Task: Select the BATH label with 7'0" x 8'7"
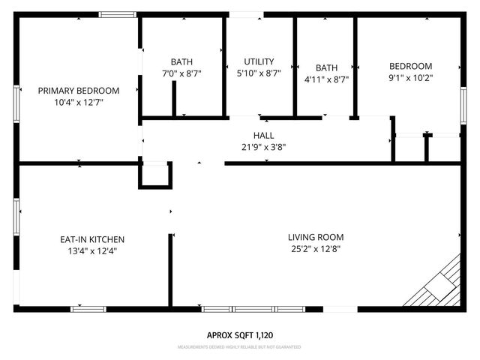[x=181, y=61]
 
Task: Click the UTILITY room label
[x=259, y=61]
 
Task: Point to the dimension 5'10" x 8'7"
[x=259, y=73]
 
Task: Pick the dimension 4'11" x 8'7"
[x=326, y=78]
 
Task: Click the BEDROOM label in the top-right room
[x=410, y=65]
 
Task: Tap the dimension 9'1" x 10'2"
[x=410, y=77]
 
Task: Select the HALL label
[x=263, y=135]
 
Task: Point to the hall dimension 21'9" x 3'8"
[x=263, y=147]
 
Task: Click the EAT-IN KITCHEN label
[x=87, y=239]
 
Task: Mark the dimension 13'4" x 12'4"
[x=87, y=251]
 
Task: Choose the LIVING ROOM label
[x=316, y=237]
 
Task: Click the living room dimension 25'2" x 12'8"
[x=316, y=249]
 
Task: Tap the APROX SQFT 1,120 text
[x=240, y=335]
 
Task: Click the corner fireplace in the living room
[x=439, y=285]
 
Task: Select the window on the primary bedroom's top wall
[x=118, y=14]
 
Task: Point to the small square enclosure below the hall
[x=155, y=175]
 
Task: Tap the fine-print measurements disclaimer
[x=240, y=348]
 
